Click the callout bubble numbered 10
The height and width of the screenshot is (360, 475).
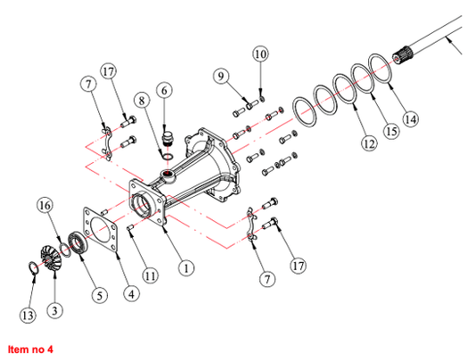(260, 53)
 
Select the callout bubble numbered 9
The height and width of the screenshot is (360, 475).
(221, 76)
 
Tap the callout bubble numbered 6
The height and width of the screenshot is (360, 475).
(164, 90)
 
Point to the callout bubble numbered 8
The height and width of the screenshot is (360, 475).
(142, 100)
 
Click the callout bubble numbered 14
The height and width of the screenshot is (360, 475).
(411, 119)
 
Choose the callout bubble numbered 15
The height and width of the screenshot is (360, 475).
(391, 131)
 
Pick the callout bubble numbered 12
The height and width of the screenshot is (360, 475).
(369, 143)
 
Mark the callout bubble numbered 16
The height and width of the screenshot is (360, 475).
(45, 206)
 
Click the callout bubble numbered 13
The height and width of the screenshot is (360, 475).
(28, 315)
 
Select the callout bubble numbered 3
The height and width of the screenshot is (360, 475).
(55, 311)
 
